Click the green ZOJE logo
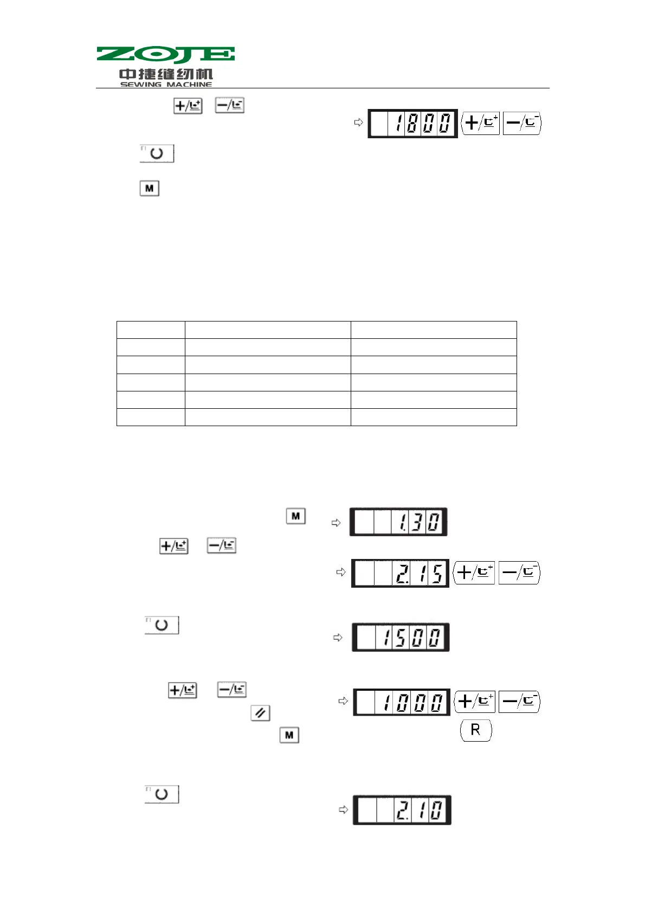165,55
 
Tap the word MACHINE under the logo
189,85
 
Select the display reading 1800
412,124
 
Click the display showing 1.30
398,522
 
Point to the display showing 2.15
400,573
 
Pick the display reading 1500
401,637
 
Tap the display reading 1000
401,702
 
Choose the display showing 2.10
402,810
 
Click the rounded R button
476,730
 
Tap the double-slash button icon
260,713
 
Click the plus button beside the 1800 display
480,123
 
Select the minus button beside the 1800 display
522,123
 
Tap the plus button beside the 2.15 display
474,573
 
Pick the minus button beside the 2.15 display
519,573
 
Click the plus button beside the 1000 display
475,702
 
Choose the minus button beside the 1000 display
519,702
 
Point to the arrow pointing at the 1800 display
358,123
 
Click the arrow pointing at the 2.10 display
343,809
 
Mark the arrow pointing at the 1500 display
338,638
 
